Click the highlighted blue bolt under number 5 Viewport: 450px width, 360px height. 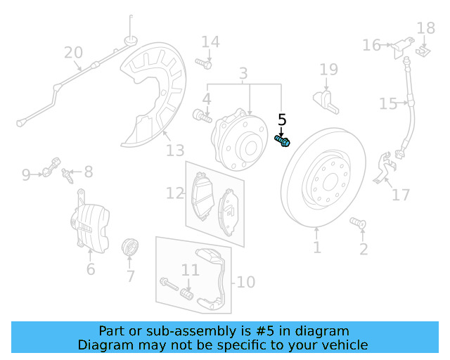pos(283,141)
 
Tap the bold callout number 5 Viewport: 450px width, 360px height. pos(282,120)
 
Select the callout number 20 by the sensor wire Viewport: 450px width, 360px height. pos(73,53)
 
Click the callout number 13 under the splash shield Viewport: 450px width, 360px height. pos(175,150)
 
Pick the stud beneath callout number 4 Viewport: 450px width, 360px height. pos(202,116)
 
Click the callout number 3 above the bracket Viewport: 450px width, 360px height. pos(243,74)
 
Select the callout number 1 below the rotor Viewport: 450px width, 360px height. pos(317,247)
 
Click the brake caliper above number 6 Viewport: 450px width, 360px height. pos(90,221)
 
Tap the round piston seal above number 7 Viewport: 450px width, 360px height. pos(130,247)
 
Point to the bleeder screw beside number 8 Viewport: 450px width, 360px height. pos(67,176)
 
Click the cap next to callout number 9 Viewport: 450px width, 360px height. pos(51,167)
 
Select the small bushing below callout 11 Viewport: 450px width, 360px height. pos(186,295)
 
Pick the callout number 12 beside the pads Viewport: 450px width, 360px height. pos(175,193)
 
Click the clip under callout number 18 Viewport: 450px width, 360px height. pos(423,51)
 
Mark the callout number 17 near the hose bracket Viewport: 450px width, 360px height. pos(401,195)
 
